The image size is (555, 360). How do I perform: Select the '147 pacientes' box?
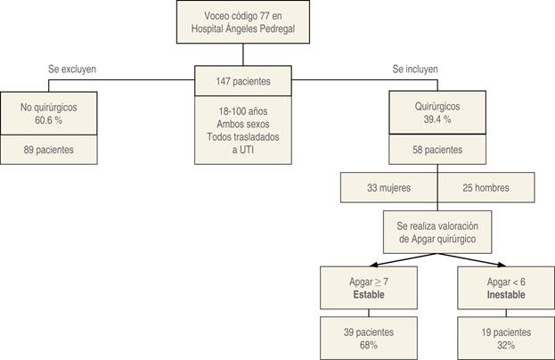point(243,81)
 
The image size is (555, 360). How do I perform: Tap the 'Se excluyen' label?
point(73,70)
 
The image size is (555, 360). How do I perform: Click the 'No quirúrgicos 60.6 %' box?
point(49,112)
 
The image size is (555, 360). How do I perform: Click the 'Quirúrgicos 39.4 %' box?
point(437,112)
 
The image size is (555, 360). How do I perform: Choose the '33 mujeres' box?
point(388,188)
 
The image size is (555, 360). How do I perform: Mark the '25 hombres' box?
point(486,188)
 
